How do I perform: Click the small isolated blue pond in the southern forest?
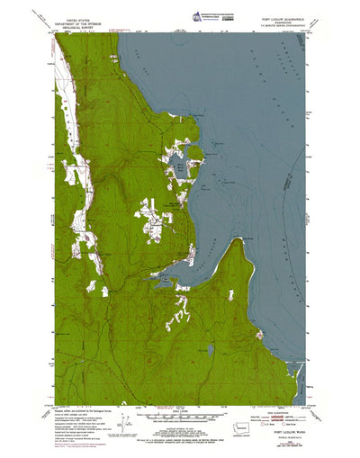pyautogui.click(x=210, y=346)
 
